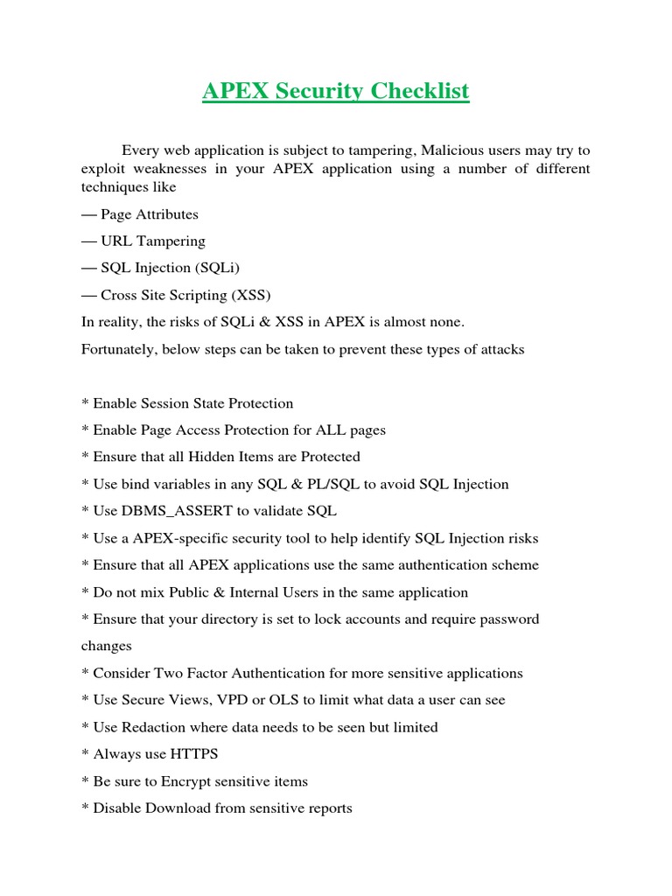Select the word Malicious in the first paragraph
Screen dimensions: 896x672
[x=439, y=150]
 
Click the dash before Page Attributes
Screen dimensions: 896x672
[x=88, y=214]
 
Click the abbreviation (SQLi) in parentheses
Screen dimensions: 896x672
[x=219, y=269]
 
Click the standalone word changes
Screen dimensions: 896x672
[x=106, y=646]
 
